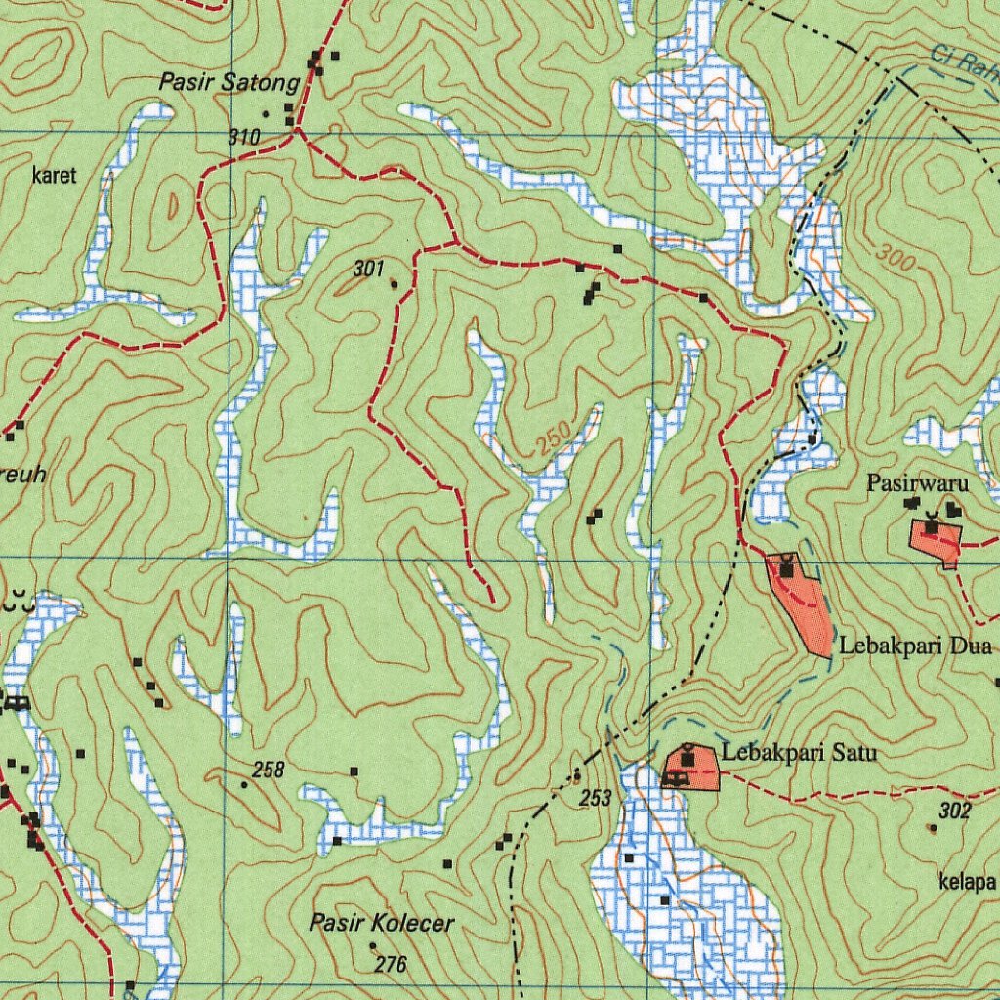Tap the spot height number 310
244,138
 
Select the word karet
54,177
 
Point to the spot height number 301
368,269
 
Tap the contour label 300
896,257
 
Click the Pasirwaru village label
917,483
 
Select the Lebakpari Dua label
915,646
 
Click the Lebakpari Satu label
799,753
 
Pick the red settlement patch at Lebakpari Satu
693,770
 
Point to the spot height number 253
596,799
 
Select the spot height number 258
269,771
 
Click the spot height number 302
955,811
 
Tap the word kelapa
967,883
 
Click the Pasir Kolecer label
382,923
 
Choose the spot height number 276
391,965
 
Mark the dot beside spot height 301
395,284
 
